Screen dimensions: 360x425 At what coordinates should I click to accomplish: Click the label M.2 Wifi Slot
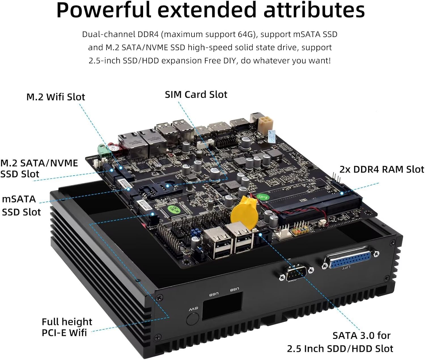(56, 97)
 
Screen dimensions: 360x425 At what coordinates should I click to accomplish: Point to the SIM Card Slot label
(196, 94)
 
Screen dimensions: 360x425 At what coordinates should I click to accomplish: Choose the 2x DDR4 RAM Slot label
(382, 169)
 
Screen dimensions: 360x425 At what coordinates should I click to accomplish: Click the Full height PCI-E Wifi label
(67, 327)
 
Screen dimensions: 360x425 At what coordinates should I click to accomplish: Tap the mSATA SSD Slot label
(21, 205)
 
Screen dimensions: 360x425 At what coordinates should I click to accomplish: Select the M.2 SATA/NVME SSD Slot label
(39, 168)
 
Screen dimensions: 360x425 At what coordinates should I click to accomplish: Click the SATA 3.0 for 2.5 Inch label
(340, 342)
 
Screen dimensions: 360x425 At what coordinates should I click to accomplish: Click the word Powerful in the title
(103, 10)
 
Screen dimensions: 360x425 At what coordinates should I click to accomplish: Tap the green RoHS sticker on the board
(263, 196)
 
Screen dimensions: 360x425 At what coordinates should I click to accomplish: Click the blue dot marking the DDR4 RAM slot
(342, 193)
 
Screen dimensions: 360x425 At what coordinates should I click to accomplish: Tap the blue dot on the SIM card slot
(168, 186)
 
